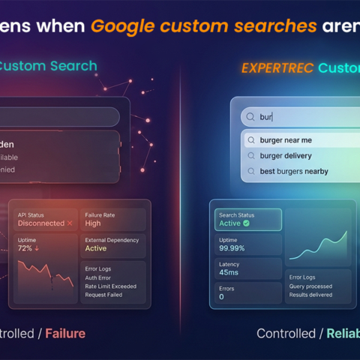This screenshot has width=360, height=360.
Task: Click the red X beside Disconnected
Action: (x=70, y=223)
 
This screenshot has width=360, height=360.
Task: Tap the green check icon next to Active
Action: (x=246, y=223)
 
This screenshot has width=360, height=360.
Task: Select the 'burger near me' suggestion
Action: (x=286, y=140)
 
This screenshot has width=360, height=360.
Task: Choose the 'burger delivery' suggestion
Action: (x=286, y=156)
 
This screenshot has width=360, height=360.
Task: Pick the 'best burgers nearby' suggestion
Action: (x=294, y=172)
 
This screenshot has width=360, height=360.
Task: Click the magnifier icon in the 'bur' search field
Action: (x=250, y=117)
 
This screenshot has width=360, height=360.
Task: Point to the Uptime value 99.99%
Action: (x=232, y=248)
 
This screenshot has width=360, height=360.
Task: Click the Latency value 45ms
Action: (x=228, y=272)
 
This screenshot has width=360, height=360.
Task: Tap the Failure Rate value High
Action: (x=93, y=223)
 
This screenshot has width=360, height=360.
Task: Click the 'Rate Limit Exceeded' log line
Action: (x=109, y=285)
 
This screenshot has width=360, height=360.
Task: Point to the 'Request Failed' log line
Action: (x=103, y=295)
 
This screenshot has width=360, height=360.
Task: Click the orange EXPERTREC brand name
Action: (x=277, y=68)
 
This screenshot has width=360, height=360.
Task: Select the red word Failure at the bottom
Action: (x=65, y=333)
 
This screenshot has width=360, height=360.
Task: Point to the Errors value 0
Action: (x=221, y=297)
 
